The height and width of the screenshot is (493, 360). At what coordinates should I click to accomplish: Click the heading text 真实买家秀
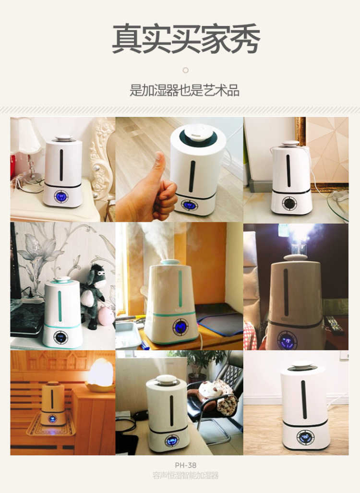[x=186, y=39]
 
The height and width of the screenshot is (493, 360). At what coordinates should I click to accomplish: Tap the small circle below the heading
[x=185, y=70]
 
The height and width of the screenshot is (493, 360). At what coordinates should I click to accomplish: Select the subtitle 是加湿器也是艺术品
[x=184, y=91]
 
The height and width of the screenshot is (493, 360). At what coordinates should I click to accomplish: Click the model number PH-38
[x=185, y=465]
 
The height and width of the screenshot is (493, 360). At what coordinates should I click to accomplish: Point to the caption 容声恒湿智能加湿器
[x=185, y=475]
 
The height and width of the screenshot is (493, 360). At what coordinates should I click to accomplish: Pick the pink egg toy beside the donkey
[x=106, y=316]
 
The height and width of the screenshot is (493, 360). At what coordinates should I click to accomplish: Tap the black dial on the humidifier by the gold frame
[x=288, y=203]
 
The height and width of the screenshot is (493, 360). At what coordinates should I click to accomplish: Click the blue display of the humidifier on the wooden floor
[x=305, y=437]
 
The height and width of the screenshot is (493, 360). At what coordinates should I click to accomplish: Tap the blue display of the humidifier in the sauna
[x=52, y=419]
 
